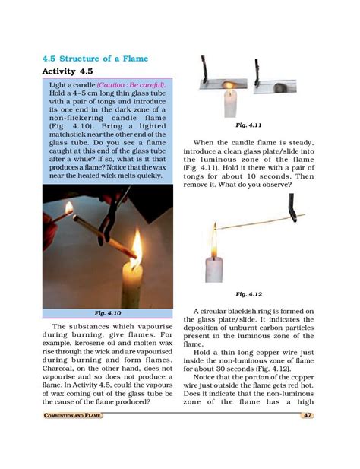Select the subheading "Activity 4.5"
point(75,72)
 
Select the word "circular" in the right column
point(220,312)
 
